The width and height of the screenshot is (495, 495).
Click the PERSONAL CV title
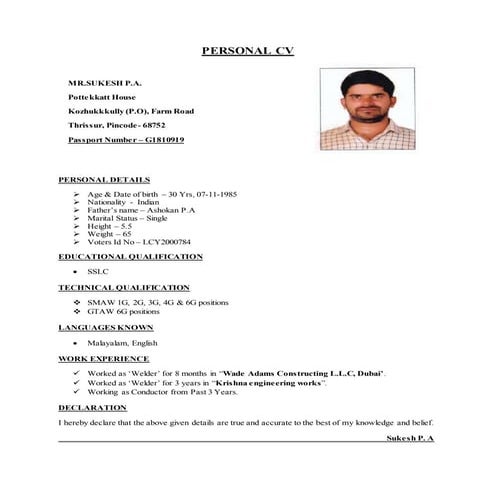[248, 51]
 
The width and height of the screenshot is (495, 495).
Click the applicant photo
[366, 109]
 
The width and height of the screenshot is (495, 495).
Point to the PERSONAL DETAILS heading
[104, 179]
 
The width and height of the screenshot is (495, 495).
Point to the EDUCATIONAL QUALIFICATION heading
[130, 257]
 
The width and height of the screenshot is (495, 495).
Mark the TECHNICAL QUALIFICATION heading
[123, 287]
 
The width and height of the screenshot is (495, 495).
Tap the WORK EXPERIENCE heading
[103, 357]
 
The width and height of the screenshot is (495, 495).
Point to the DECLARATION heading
[92, 407]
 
